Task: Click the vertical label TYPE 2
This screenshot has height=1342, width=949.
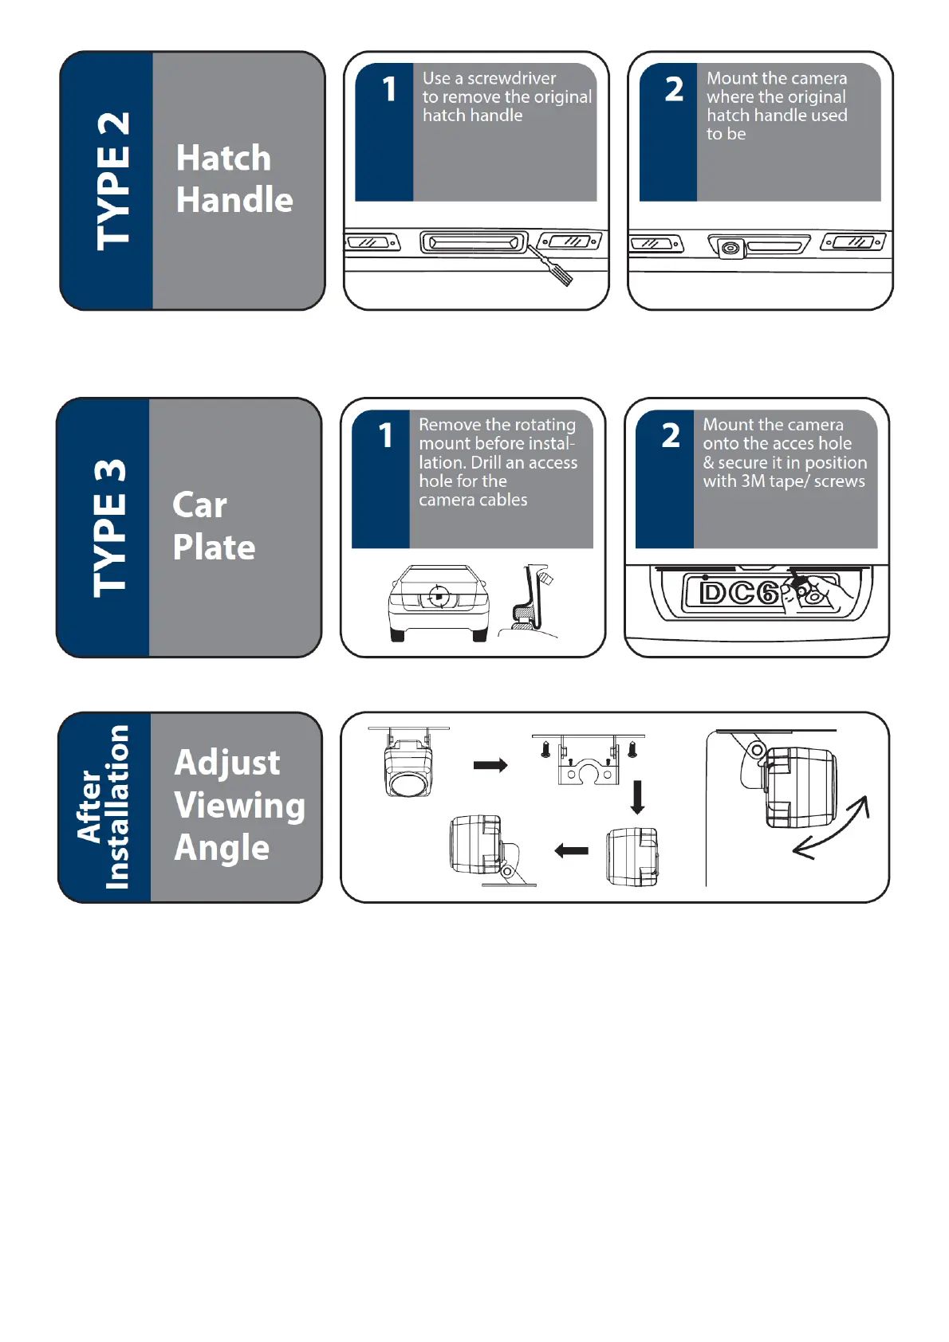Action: [x=112, y=182]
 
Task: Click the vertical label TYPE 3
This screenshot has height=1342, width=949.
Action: [x=109, y=528]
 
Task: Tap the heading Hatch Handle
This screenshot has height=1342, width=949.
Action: [x=234, y=179]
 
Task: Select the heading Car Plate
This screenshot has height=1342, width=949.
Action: [x=213, y=527]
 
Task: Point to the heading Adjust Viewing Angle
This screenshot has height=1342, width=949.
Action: [x=238, y=805]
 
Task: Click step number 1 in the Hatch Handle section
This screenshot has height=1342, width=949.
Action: [x=389, y=89]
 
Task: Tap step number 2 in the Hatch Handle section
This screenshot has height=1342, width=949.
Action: [x=674, y=89]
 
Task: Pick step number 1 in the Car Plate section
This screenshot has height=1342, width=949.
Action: [x=386, y=436]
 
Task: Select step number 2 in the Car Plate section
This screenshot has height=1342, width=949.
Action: [x=671, y=436]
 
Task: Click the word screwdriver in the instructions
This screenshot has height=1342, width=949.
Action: [x=511, y=78]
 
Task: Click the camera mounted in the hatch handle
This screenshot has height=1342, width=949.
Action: [x=730, y=249]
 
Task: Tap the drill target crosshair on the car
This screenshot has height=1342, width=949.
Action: [x=438, y=595]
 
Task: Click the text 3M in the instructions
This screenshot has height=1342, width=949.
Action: [x=754, y=481]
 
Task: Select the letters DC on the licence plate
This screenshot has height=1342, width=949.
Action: [x=727, y=593]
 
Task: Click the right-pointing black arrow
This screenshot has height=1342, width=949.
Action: [x=490, y=765]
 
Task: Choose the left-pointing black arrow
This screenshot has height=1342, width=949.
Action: [x=572, y=851]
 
